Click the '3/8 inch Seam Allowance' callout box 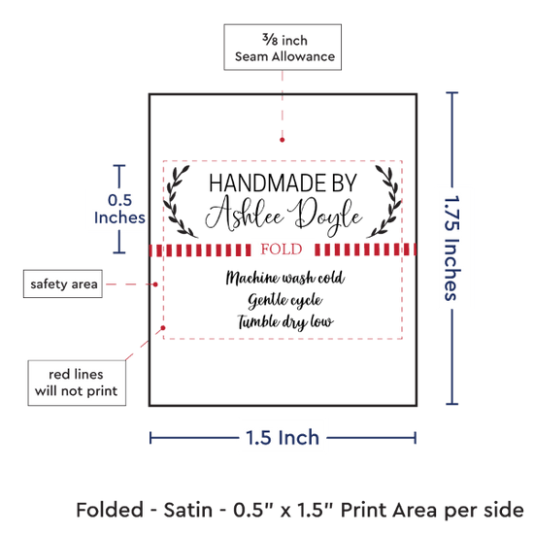[x=283, y=47]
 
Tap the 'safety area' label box [x=63, y=284]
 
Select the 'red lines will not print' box [x=77, y=383]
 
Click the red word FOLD [x=282, y=250]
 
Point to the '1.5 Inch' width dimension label [x=283, y=438]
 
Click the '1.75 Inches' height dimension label [x=452, y=248]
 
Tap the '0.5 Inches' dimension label [x=119, y=209]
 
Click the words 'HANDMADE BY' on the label [x=283, y=183]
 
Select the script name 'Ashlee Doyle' [x=284, y=216]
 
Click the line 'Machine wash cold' [x=285, y=278]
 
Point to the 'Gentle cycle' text [x=285, y=300]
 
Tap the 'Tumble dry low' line [x=285, y=322]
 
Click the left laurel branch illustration [x=180, y=202]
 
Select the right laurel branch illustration [x=384, y=202]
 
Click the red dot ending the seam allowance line [x=282, y=140]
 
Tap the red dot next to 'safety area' [x=155, y=284]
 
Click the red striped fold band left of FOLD [x=200, y=250]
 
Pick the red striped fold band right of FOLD [x=365, y=250]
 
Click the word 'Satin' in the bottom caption [x=188, y=510]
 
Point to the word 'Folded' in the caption [x=110, y=510]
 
